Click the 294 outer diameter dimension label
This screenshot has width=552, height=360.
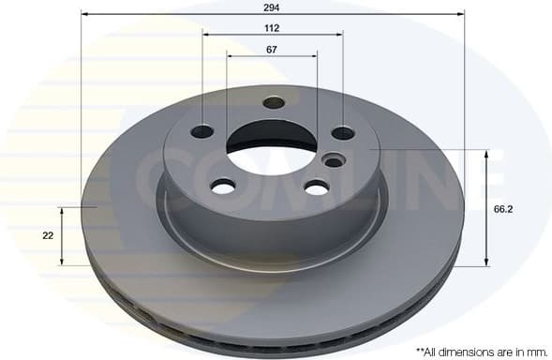pos(272,6)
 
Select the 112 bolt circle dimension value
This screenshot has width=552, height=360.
pos(272,28)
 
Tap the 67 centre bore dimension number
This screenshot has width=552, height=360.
pos(272,50)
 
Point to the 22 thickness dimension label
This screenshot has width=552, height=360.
pos(48,235)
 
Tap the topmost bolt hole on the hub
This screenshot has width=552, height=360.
pos(274,102)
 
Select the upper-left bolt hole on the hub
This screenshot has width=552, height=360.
pos(201,132)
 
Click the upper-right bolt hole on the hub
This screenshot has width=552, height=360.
pos(343,133)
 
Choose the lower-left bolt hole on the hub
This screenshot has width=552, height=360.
pos(222,187)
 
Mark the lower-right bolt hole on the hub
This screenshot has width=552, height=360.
pos(317,188)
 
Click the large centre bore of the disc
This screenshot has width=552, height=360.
pos(271,150)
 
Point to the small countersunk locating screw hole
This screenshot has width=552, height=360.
pos(333,161)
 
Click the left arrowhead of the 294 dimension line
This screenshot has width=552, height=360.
pos(84,14)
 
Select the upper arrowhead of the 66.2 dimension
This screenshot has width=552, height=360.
pos(486,154)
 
